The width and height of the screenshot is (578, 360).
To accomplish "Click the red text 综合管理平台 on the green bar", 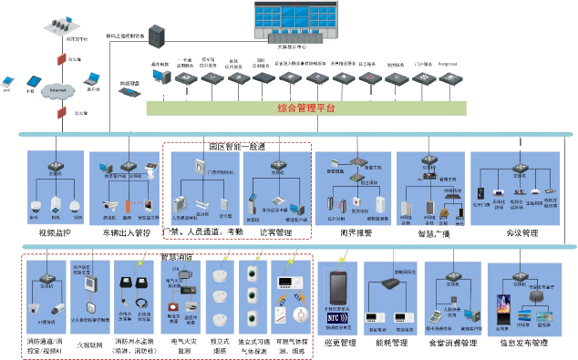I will click(306, 108).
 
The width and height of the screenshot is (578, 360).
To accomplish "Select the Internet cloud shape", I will click(59, 89).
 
